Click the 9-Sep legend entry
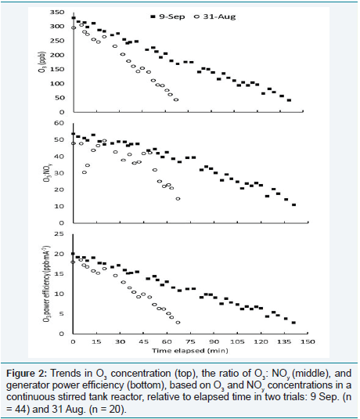167,16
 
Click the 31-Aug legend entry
215,16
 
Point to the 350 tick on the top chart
57,12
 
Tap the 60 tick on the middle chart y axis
59,123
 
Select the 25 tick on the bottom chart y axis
59,234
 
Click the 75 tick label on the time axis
190,341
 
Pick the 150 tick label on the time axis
308,341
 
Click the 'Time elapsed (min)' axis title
190,351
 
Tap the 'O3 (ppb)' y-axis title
43,62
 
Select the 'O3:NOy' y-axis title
47,172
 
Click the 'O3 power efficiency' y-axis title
46,283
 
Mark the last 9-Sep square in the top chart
289,100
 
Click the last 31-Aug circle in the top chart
176,99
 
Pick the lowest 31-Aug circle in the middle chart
178,199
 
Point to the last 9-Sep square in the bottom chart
293,323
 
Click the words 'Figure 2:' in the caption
27,374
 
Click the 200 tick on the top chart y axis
57,55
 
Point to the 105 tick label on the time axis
237,341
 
